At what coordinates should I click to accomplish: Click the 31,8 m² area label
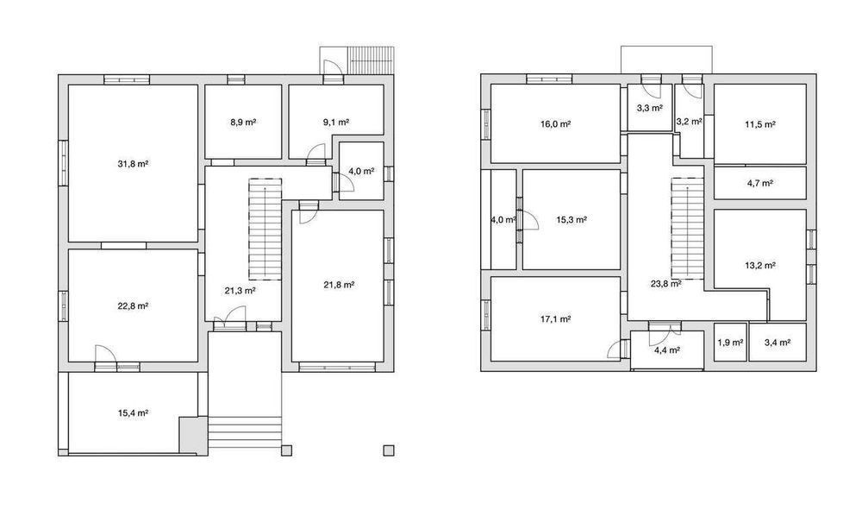134,163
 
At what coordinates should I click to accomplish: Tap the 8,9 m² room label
244,123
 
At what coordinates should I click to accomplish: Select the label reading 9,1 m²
336,123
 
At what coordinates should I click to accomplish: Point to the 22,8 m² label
134,305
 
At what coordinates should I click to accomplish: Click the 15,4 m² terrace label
134,412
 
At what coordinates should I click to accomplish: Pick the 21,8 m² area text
339,285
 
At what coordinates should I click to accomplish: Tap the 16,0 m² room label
555,123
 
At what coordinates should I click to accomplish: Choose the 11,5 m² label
760,124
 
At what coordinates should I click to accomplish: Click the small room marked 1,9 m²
731,343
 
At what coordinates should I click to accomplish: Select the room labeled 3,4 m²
778,343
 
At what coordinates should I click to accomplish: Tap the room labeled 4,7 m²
760,183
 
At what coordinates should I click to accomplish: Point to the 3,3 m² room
650,108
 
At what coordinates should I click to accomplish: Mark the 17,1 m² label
555,318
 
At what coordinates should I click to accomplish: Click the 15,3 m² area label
572,219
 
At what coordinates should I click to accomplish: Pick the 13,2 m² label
760,265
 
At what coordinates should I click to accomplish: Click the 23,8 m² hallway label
666,284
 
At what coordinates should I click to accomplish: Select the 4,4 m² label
667,349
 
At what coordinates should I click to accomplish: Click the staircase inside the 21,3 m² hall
265,229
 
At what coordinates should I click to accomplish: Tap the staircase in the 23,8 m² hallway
687,227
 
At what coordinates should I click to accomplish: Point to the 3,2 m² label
689,122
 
